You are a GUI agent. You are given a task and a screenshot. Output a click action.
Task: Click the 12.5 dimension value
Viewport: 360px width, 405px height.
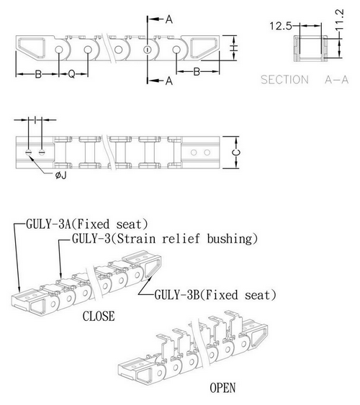[280, 26]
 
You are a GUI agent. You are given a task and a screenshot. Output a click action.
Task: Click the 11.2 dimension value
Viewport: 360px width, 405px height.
[340, 19]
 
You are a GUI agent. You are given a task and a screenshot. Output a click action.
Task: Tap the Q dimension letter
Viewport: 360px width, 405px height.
[71, 74]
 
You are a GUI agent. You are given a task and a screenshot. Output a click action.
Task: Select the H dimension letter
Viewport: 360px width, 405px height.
[233, 48]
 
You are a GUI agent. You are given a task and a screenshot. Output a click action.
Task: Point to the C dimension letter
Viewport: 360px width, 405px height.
[236, 153]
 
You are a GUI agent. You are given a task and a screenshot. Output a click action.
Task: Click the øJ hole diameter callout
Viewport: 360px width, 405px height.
[61, 176]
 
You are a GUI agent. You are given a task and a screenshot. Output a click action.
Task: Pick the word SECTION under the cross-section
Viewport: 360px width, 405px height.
[284, 80]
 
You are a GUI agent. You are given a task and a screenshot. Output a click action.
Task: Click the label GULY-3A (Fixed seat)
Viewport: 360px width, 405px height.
[87, 224]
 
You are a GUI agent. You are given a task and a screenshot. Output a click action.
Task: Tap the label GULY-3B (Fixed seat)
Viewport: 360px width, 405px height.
[215, 295]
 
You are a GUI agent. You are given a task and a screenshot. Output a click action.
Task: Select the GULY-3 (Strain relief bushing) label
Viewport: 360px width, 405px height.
[165, 238]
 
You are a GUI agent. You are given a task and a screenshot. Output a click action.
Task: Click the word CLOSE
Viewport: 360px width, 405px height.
[99, 316]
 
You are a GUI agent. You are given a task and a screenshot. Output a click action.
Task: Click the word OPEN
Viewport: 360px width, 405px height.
[222, 388]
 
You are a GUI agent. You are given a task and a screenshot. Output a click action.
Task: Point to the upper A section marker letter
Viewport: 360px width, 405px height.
[168, 19]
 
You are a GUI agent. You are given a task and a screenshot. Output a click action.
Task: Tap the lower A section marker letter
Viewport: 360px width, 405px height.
[168, 81]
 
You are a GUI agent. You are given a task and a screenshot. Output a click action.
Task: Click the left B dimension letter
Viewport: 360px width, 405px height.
[38, 74]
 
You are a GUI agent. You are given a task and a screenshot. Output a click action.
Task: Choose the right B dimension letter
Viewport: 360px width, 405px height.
[197, 71]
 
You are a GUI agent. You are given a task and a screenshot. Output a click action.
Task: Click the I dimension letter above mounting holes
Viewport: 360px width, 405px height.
[35, 119]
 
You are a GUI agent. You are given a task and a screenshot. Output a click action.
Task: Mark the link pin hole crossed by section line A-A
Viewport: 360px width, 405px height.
[148, 50]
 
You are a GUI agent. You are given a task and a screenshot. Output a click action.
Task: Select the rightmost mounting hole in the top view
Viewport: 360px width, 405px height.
[207, 153]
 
